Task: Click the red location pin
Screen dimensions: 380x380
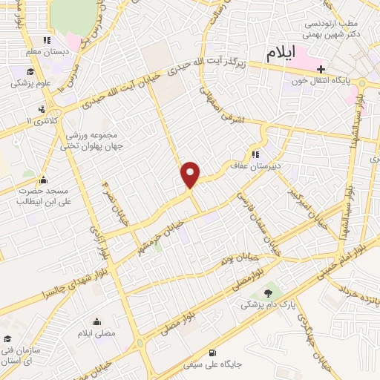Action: [x=191, y=174]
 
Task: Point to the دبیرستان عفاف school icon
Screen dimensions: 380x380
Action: [x=255, y=154]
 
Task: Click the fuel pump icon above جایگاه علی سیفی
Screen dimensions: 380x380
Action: [x=214, y=353]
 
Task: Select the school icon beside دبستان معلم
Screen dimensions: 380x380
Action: [x=47, y=41]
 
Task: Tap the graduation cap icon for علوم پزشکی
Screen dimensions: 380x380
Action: [x=30, y=72]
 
